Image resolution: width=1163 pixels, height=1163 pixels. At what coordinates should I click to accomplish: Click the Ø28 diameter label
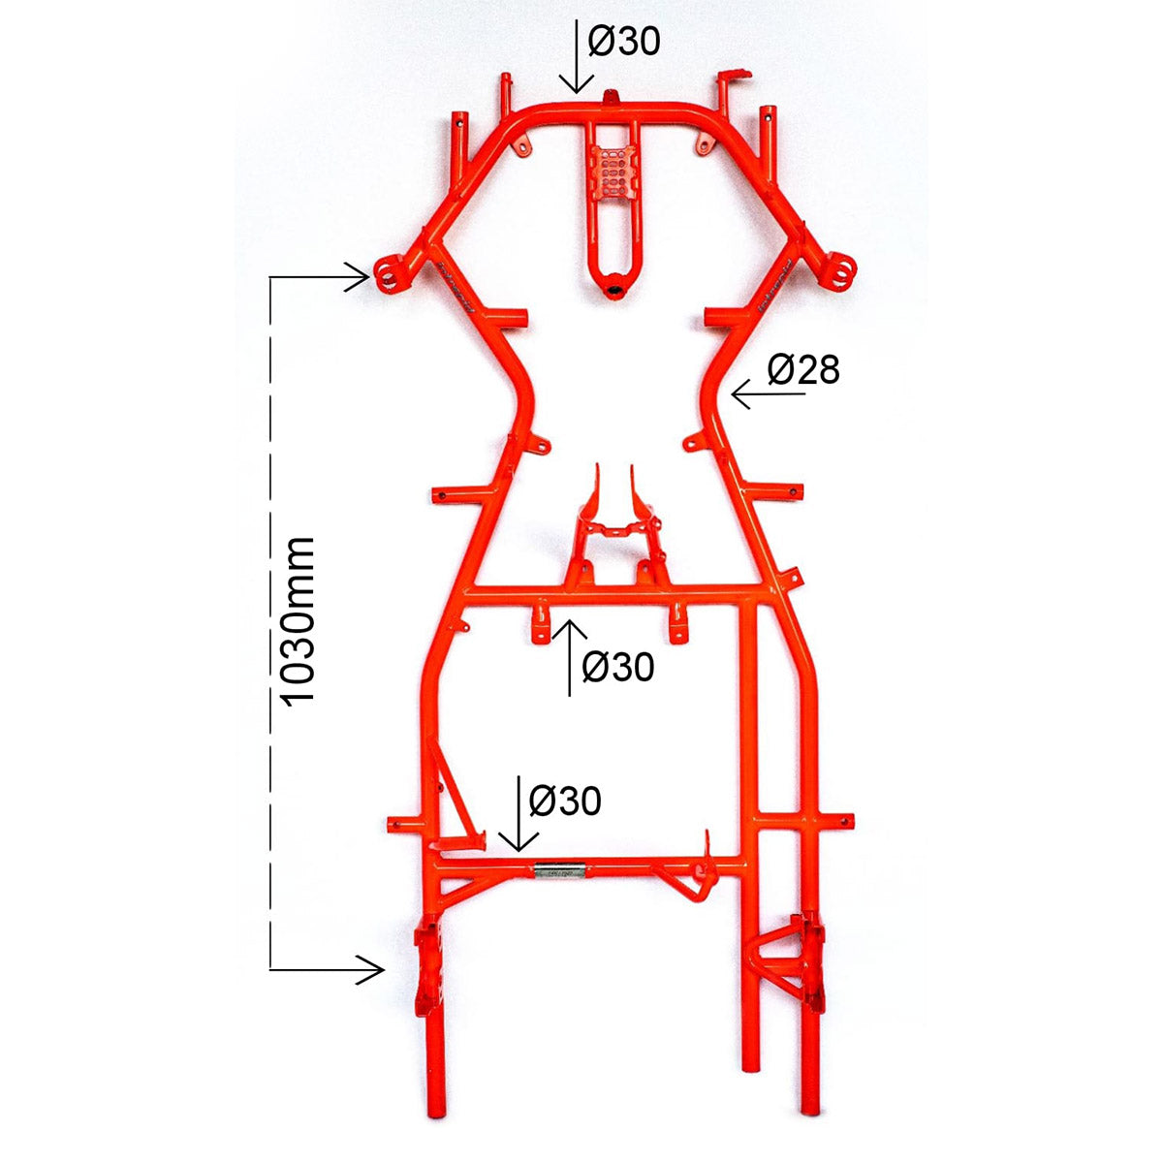coord(803,369)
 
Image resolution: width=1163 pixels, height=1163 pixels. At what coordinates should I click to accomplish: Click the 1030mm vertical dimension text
coord(299,620)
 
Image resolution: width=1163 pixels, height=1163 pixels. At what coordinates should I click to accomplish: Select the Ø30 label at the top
coord(624,42)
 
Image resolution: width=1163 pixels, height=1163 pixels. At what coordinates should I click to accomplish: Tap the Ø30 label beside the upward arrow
coord(617,667)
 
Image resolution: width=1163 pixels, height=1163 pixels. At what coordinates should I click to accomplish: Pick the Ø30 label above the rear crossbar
coord(565,801)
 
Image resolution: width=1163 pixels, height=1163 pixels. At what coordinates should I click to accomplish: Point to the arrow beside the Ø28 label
coord(769,394)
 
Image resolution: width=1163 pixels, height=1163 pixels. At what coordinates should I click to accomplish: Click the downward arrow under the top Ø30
coord(577,56)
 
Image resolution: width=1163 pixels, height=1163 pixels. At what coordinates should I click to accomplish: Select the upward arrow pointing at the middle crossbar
coord(569,657)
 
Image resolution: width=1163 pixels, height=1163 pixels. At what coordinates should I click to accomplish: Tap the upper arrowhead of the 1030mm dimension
coord(358,277)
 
